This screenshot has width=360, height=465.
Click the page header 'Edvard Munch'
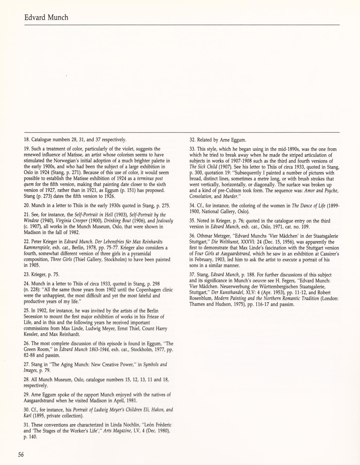tap(46, 17)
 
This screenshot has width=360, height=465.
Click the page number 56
tap(21, 455)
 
